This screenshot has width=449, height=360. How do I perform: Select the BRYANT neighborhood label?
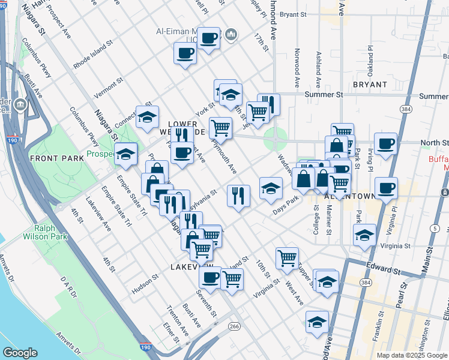[x=370, y=85]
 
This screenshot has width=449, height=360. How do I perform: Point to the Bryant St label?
[x=310, y=14]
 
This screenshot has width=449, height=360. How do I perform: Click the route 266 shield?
[x=234, y=326]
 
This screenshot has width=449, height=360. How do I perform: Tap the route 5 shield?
[x=434, y=228]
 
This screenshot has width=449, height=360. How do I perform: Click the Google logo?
[x=20, y=353]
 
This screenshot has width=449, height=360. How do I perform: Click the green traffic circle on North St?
[x=275, y=140]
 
